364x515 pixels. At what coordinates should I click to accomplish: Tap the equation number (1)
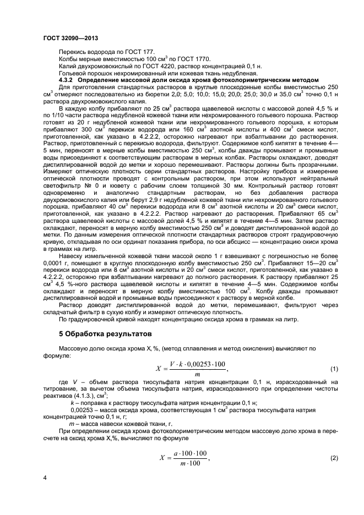point(333,368)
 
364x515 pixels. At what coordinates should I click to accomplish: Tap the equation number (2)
point(333,458)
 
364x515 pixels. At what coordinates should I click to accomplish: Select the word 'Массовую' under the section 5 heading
point(74,348)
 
